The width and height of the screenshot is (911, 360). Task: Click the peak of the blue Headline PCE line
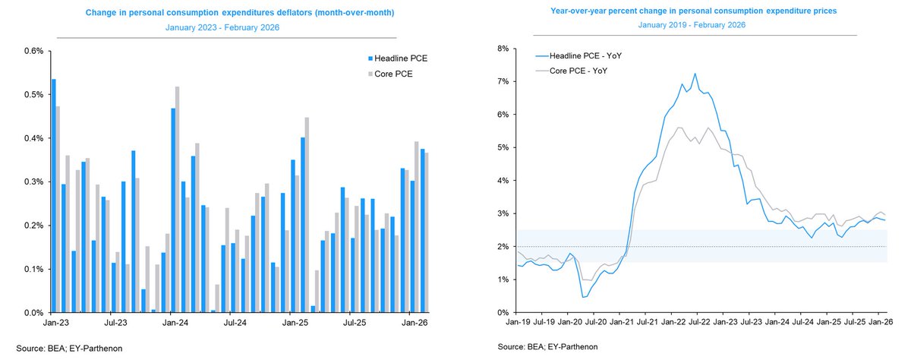pyautogui.click(x=695, y=74)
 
